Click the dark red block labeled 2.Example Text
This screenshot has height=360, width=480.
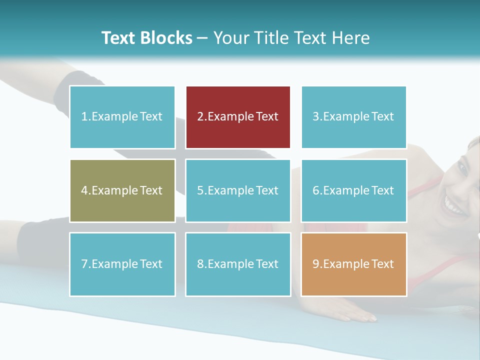(x=238, y=117)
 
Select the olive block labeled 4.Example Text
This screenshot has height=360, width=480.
(x=122, y=190)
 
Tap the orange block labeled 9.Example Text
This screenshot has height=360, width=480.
(x=353, y=264)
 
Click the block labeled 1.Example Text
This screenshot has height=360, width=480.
(x=122, y=117)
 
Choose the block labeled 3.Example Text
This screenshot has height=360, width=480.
(x=353, y=117)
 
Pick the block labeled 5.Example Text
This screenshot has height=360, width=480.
(x=238, y=190)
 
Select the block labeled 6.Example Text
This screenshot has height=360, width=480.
(x=353, y=190)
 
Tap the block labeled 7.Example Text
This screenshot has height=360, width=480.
(x=122, y=264)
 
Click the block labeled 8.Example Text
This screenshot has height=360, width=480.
(x=238, y=264)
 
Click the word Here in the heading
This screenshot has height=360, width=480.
(x=351, y=38)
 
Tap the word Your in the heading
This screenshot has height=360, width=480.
(x=230, y=38)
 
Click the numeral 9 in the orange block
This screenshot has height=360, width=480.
(x=315, y=264)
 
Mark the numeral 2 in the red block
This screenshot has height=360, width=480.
(x=200, y=117)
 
